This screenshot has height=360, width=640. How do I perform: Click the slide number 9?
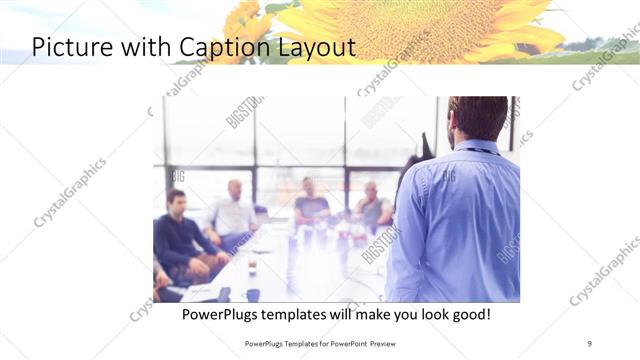(589, 344)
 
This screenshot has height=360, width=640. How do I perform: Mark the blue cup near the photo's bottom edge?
(252, 295)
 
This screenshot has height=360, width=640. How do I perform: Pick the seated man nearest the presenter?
(372, 205)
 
